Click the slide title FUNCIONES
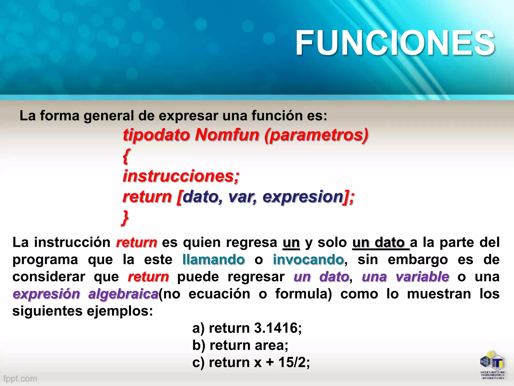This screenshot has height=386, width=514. point(395,43)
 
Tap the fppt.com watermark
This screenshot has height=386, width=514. point(20,378)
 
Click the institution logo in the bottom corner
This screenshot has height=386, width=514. point(492,365)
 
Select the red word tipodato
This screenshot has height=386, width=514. point(156,135)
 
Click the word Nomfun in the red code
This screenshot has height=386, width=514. point(227,135)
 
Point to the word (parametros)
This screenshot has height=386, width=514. point(316,135)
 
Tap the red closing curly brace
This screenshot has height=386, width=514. point(125,218)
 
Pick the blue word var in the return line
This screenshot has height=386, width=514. point(242,197)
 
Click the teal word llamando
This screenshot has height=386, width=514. point(214,259)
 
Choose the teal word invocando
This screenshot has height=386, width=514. point(308,259)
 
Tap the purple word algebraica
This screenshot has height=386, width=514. point(123,294)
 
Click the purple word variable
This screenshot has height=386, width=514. point(422,277)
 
